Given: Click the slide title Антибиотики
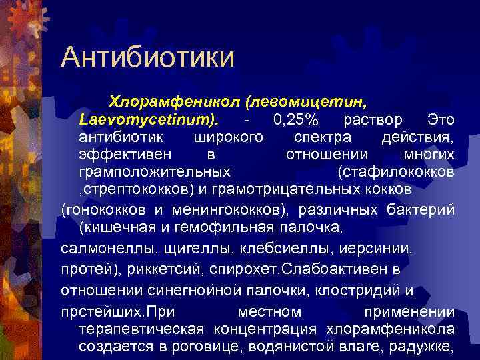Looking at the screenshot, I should point(147,57).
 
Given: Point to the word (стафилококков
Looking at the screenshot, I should point(397,173).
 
